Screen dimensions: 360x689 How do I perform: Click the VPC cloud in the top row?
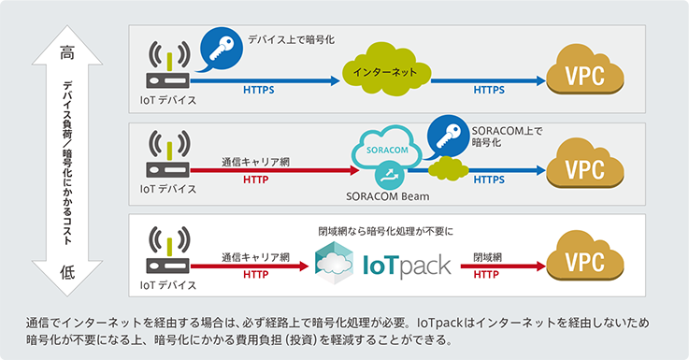pos(584,74)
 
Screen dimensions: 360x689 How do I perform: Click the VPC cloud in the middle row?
pos(584,169)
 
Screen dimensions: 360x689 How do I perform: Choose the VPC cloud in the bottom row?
pos(584,261)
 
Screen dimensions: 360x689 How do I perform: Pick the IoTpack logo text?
pos(405,264)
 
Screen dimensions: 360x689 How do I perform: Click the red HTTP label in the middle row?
pos(255,179)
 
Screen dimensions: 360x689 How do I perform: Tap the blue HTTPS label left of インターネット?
pos(259,90)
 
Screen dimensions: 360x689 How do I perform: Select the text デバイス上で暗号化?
pos(291,39)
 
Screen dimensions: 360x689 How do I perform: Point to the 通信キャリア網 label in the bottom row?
pos(255,256)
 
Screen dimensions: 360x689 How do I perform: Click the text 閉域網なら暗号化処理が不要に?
pos(385,229)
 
